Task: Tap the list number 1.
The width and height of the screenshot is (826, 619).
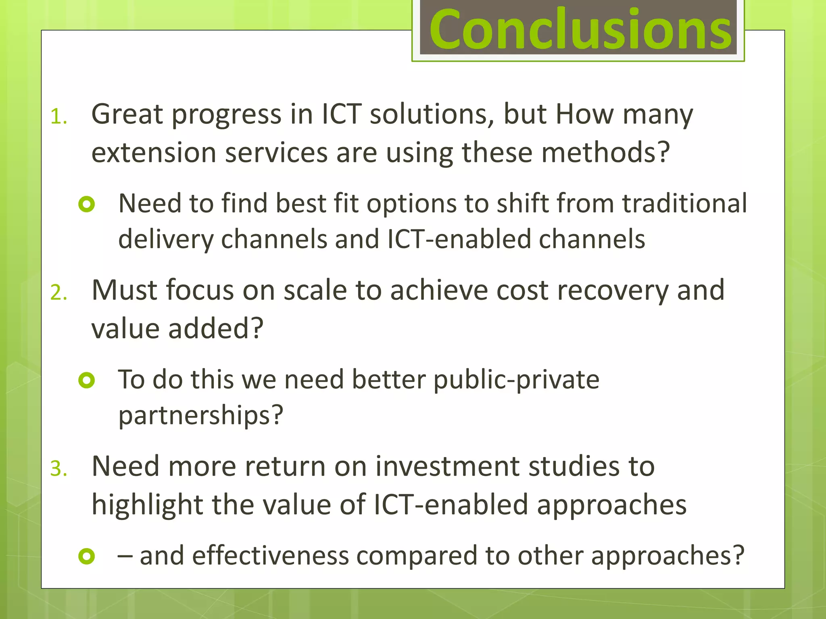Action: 58,117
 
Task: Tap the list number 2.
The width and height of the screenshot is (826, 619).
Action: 58,292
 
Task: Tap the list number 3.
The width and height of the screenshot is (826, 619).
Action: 58,469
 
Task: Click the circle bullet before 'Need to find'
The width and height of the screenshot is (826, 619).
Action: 87,204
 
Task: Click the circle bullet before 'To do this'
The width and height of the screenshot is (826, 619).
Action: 87,380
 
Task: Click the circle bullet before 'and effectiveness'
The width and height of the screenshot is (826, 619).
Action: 87,556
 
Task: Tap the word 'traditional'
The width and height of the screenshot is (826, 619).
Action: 684,203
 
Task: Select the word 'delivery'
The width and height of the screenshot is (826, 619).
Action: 165,239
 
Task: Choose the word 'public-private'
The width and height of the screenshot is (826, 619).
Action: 516,380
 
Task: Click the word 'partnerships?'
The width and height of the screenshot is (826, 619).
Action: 201,415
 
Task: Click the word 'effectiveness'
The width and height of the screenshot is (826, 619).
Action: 270,556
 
